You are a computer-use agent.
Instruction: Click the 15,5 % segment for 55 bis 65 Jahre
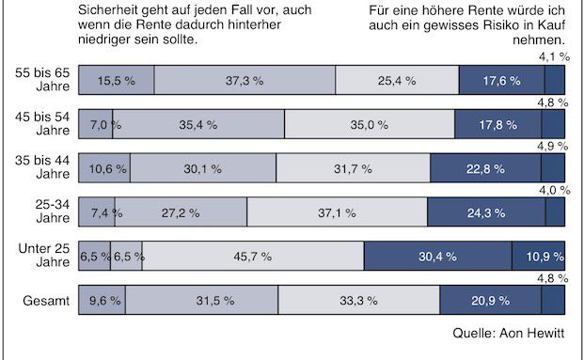click(116, 81)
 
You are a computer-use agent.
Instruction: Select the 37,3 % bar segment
click(245, 81)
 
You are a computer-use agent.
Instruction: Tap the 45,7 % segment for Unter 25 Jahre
click(253, 257)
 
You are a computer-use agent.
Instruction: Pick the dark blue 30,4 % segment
click(437, 257)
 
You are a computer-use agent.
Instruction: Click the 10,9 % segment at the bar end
click(538, 257)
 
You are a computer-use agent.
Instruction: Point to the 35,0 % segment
click(369, 125)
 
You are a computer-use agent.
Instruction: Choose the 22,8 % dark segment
click(485, 169)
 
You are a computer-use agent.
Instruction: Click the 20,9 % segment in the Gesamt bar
click(490, 301)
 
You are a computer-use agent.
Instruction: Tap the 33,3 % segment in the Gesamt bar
click(358, 301)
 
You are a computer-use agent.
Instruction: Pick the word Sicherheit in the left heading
click(106, 11)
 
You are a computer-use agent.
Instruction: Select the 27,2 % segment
click(181, 212)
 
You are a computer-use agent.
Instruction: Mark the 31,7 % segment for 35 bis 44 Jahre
click(353, 169)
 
